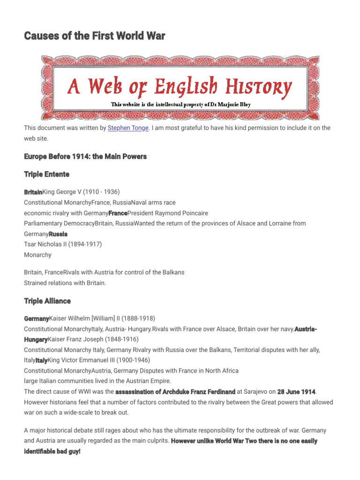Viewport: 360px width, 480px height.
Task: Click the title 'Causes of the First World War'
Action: click(x=94, y=36)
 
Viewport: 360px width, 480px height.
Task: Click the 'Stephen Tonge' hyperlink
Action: click(x=128, y=128)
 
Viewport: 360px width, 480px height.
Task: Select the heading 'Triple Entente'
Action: click(x=46, y=174)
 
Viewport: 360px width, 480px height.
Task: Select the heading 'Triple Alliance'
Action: click(x=47, y=300)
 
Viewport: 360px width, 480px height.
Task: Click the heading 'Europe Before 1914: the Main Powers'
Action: click(x=85, y=157)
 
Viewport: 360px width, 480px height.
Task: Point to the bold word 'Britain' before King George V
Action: click(x=33, y=192)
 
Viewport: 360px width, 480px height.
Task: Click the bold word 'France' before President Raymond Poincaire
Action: click(x=118, y=213)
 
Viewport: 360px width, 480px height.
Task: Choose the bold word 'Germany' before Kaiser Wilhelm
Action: click(x=36, y=318)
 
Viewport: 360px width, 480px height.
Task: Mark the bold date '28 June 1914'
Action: click(x=296, y=391)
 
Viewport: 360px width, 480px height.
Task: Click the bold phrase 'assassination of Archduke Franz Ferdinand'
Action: click(x=175, y=391)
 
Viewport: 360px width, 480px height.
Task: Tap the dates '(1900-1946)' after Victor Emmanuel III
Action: click(x=132, y=360)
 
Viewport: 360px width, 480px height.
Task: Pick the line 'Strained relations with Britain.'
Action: click(x=65, y=283)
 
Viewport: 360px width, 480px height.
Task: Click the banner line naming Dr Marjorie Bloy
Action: click(x=180, y=105)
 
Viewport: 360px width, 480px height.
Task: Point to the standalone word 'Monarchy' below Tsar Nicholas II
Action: click(x=37, y=255)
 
